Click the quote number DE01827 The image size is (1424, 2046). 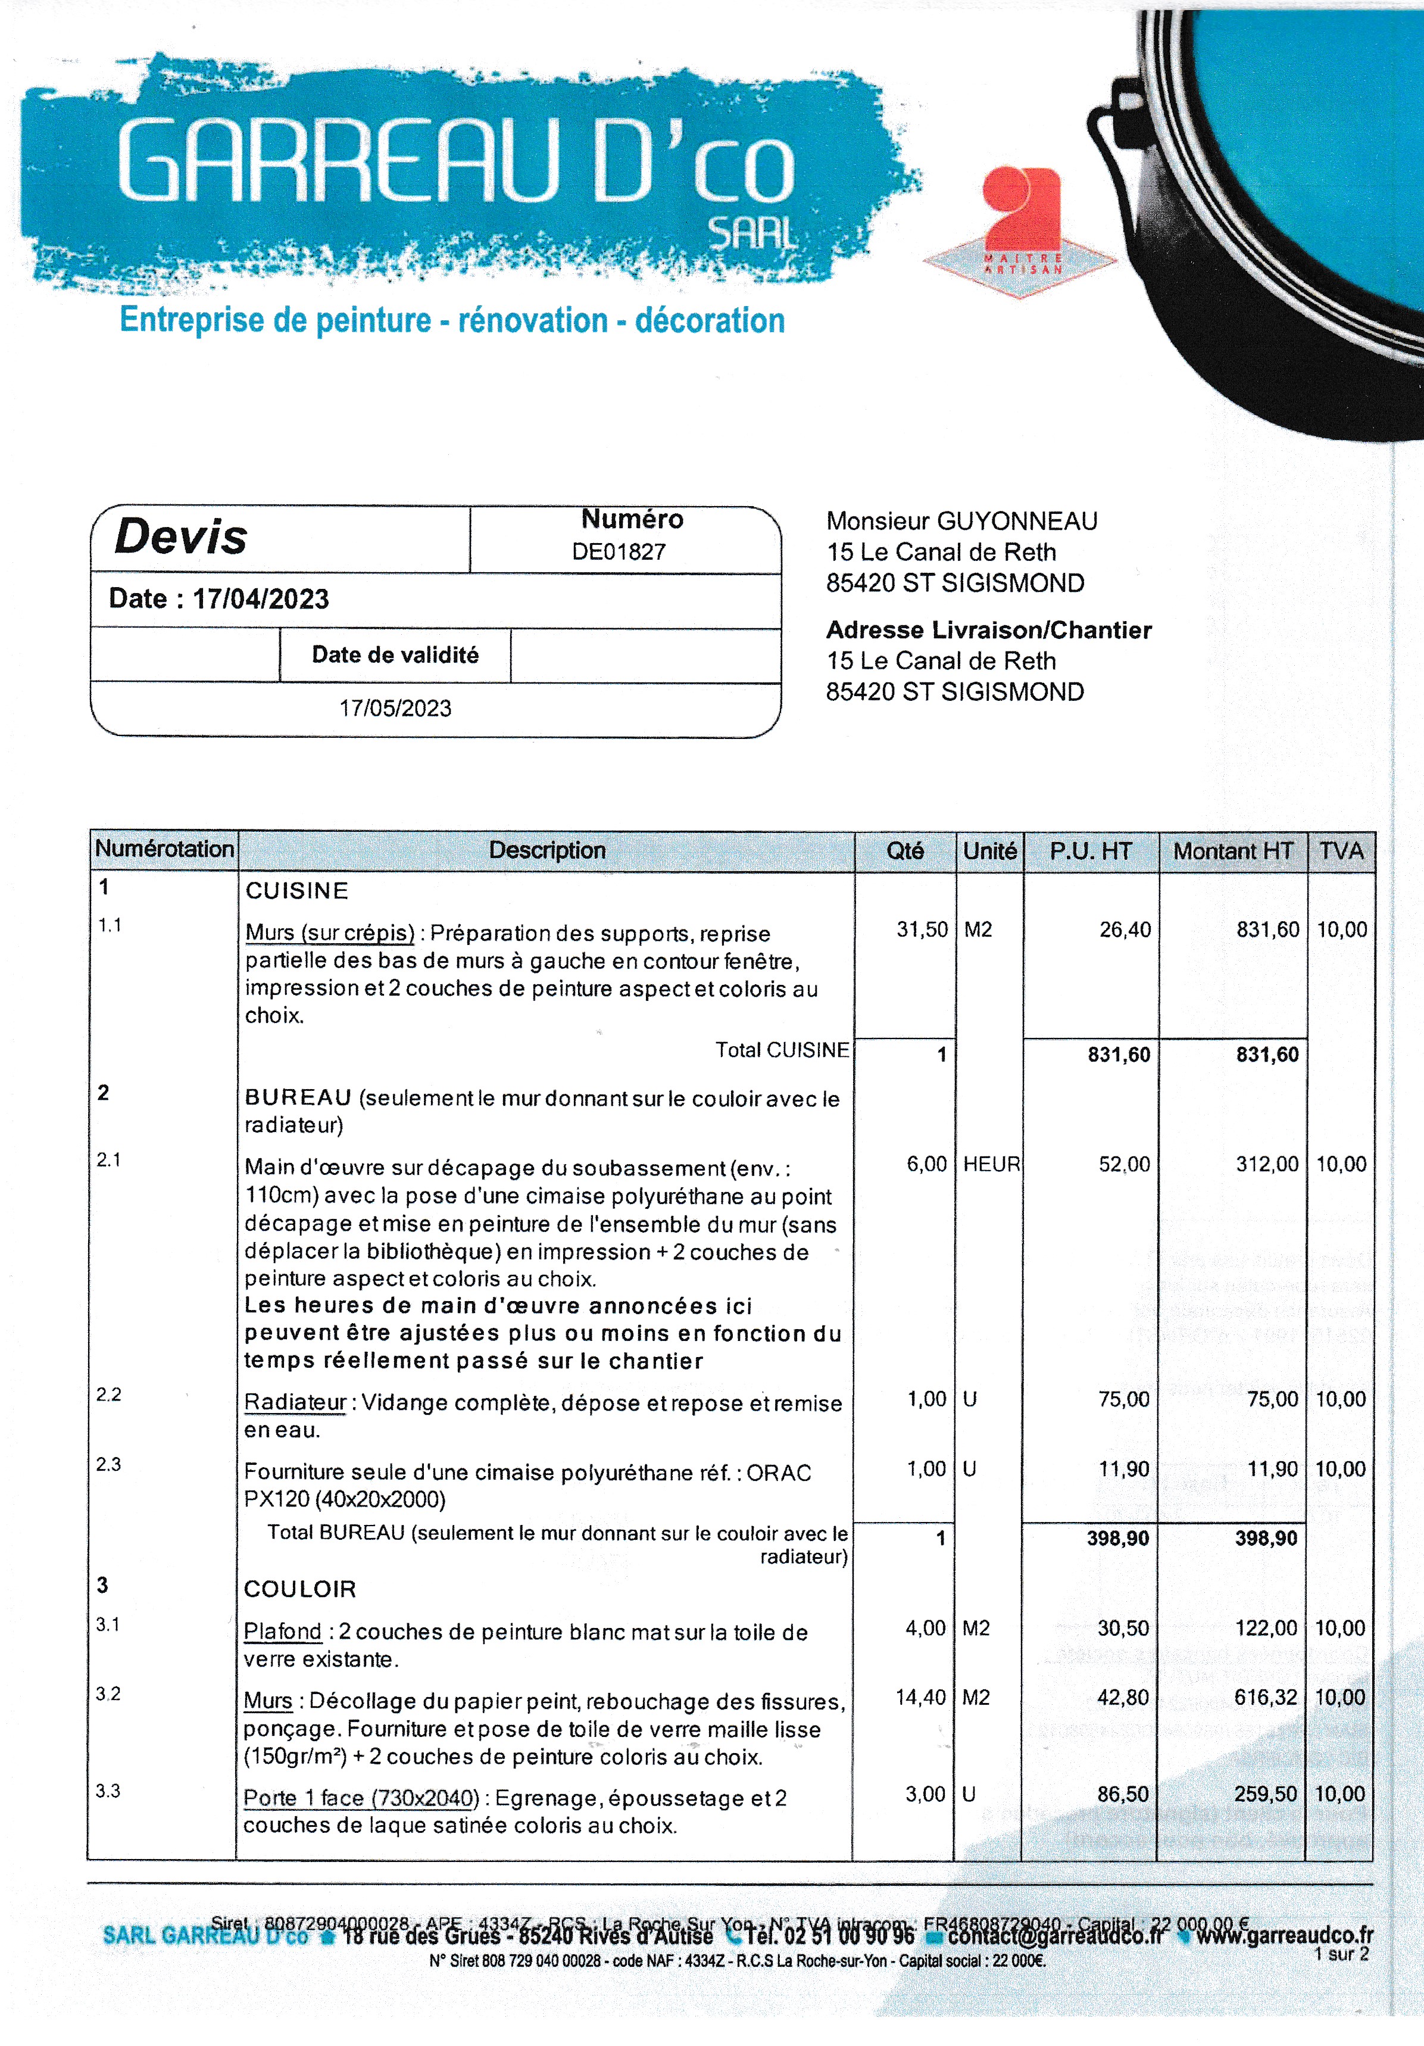pyautogui.click(x=619, y=551)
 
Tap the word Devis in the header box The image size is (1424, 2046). pyautogui.click(x=181, y=537)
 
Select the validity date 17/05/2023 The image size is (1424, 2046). pyautogui.click(x=395, y=709)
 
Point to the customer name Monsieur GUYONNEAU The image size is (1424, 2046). pyautogui.click(x=961, y=521)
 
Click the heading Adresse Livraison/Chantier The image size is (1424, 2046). pyautogui.click(x=988, y=630)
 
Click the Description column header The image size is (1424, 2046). pyautogui.click(x=547, y=850)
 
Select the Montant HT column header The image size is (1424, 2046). pyautogui.click(x=1232, y=851)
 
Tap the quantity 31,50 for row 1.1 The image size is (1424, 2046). pyautogui.click(x=922, y=930)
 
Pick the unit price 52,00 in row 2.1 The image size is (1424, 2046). pyautogui.click(x=1125, y=1164)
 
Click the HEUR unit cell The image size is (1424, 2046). pyautogui.click(x=991, y=1164)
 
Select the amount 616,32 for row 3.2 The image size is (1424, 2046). pyautogui.click(x=1266, y=1698)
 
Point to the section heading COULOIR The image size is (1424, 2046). pyautogui.click(x=299, y=1589)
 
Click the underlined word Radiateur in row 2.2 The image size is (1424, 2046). pyautogui.click(x=295, y=1403)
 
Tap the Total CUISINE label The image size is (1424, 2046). pyautogui.click(x=782, y=1050)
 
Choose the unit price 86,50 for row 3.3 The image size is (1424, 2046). pyautogui.click(x=1123, y=1794)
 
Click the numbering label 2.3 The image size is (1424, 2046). pyautogui.click(x=109, y=1464)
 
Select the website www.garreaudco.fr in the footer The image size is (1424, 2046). pyautogui.click(x=1284, y=1935)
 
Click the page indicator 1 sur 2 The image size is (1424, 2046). pyautogui.click(x=1341, y=1954)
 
